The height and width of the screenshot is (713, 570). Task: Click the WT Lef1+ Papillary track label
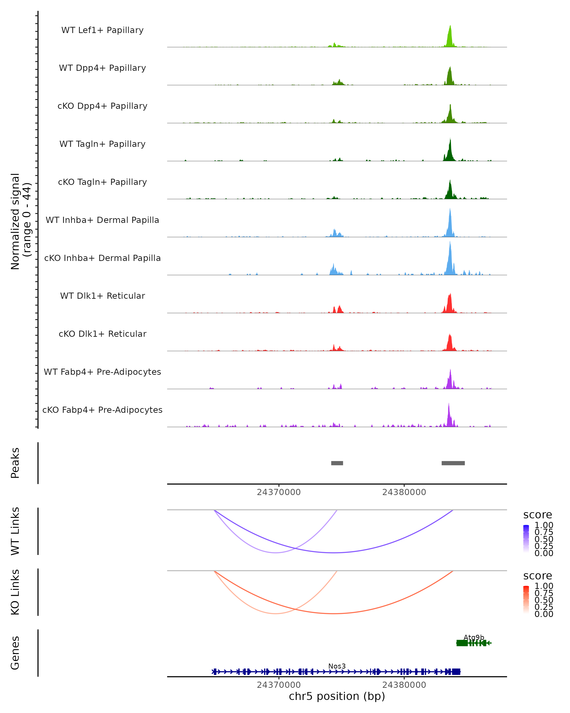tap(102, 30)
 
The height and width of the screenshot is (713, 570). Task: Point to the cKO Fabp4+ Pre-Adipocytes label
tap(102, 410)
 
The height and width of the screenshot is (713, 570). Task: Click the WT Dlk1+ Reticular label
tap(102, 296)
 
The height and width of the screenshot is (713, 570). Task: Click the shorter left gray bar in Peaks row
tap(337, 463)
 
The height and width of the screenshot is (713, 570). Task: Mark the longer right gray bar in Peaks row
tap(453, 463)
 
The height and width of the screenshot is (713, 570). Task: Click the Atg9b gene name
tap(474, 637)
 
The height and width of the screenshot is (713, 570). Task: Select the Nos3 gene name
tap(337, 666)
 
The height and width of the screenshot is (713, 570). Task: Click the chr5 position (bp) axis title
tap(337, 696)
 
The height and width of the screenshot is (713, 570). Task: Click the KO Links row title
tap(15, 592)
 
